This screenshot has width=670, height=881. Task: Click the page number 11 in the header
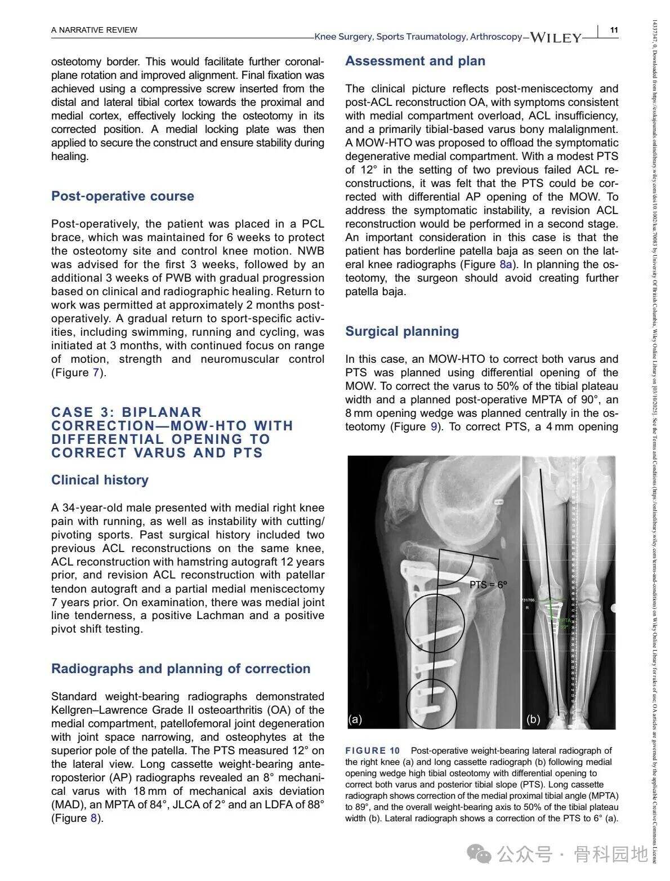pyautogui.click(x=614, y=30)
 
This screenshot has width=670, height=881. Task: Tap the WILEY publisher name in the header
pyautogui.click(x=556, y=38)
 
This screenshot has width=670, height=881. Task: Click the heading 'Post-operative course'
pyautogui.click(x=122, y=196)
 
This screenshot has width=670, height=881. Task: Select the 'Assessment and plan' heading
pyautogui.click(x=415, y=61)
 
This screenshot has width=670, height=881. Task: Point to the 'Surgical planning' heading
pyautogui.click(x=402, y=331)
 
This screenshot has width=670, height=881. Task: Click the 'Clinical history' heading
pyautogui.click(x=100, y=480)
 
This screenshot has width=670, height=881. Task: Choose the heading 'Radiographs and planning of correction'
pyautogui.click(x=181, y=669)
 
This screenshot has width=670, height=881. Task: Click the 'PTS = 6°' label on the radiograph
pyautogui.click(x=488, y=585)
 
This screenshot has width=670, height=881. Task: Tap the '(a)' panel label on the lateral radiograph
pyautogui.click(x=355, y=719)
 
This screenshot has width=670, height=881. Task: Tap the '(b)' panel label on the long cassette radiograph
pyautogui.click(x=533, y=719)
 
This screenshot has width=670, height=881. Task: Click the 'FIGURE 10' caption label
pyautogui.click(x=372, y=750)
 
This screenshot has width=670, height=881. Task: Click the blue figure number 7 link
pyautogui.click(x=96, y=372)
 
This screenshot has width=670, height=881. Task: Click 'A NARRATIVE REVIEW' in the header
pyautogui.click(x=94, y=30)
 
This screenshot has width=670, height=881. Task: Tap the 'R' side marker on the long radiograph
pyautogui.click(x=528, y=608)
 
